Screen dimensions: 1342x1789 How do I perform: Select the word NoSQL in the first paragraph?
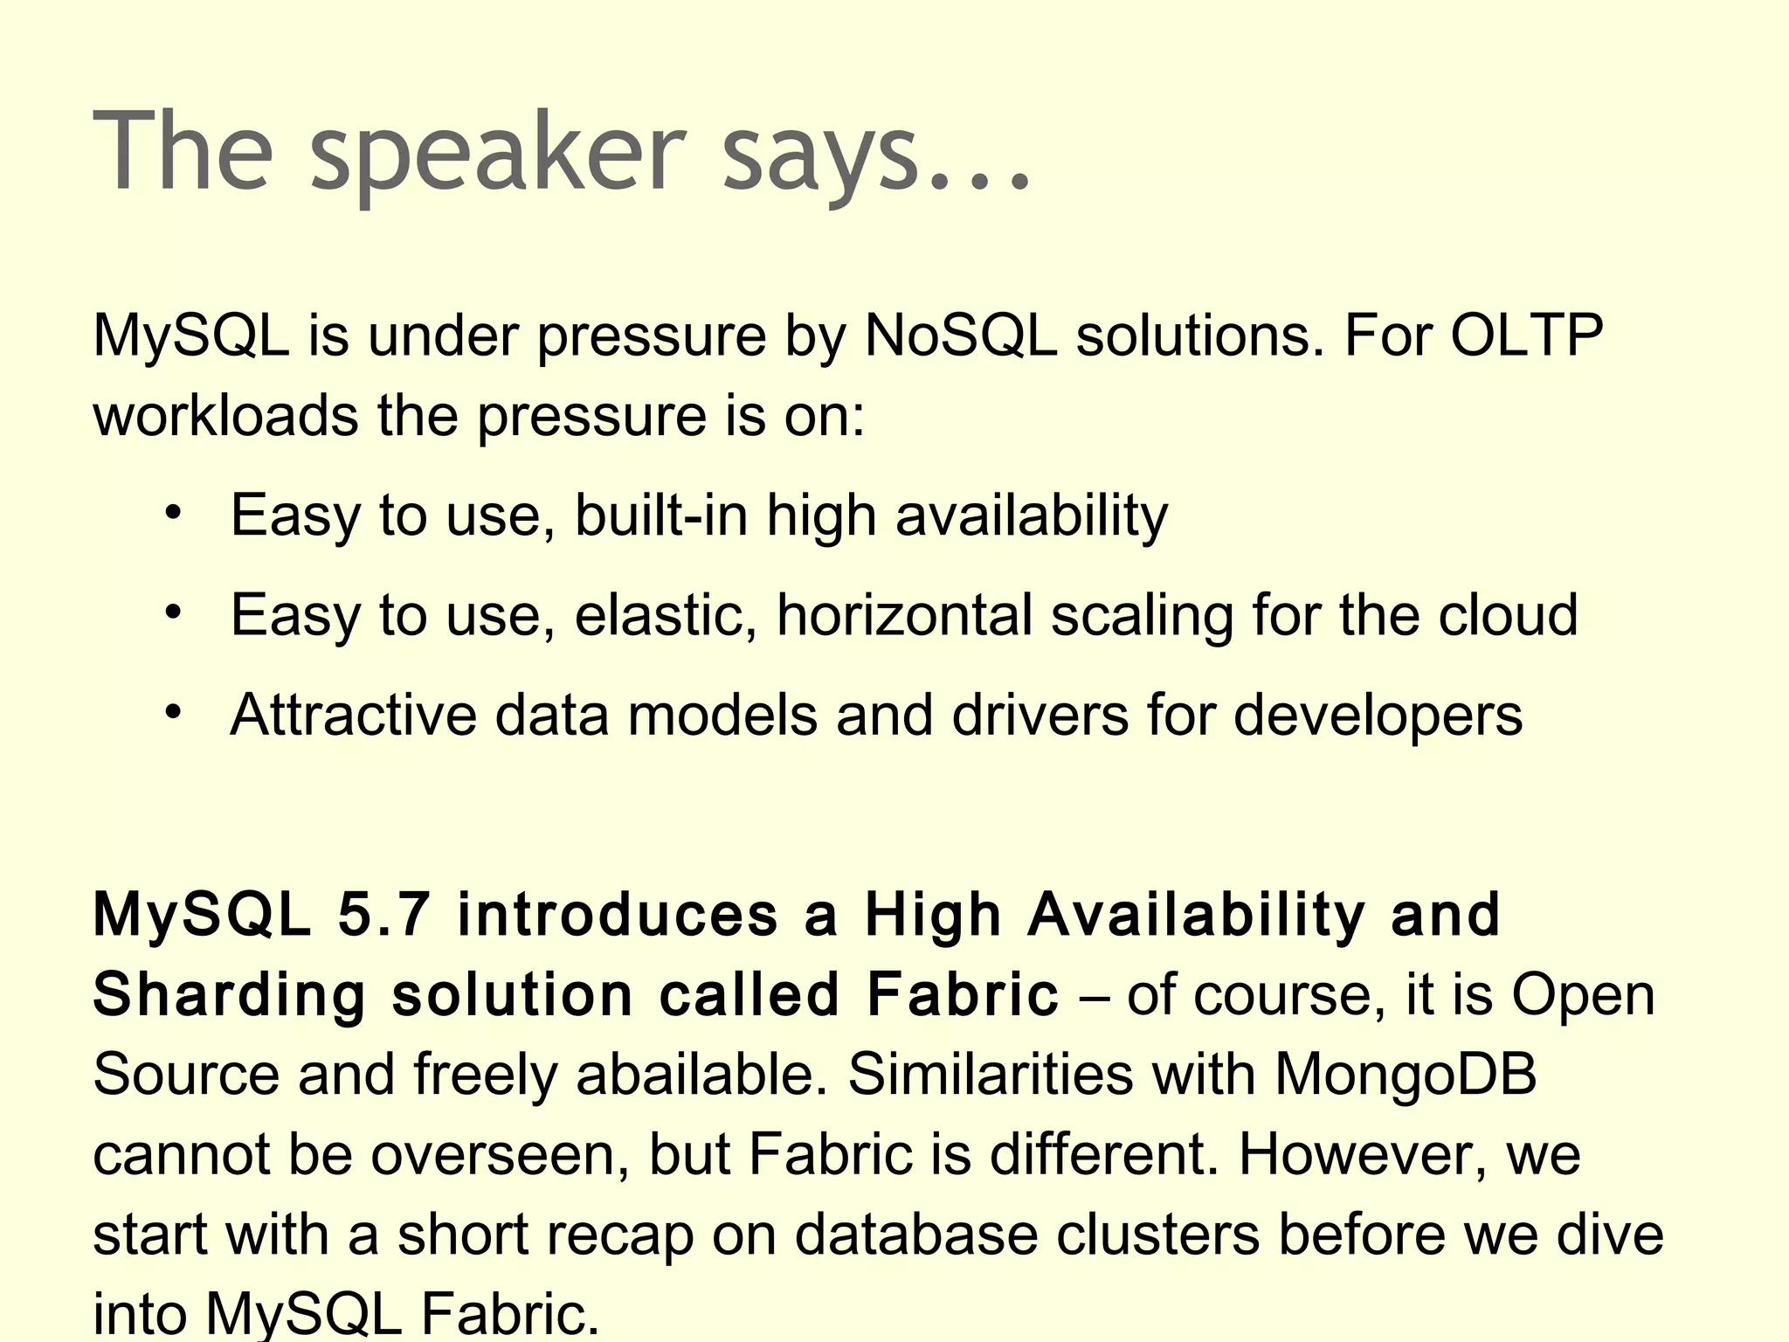pyautogui.click(x=960, y=335)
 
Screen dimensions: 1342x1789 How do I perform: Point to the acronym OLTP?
pyautogui.click(x=1527, y=335)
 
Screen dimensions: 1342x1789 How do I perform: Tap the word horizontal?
pyautogui.click(x=904, y=615)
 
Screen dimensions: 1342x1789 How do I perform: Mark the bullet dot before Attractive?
pyautogui.click(x=174, y=711)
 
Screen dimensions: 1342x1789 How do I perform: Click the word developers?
pyautogui.click(x=1378, y=716)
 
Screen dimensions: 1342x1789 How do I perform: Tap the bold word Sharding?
pyautogui.click(x=230, y=995)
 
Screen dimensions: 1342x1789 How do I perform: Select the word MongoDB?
pyautogui.click(x=1406, y=1075)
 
